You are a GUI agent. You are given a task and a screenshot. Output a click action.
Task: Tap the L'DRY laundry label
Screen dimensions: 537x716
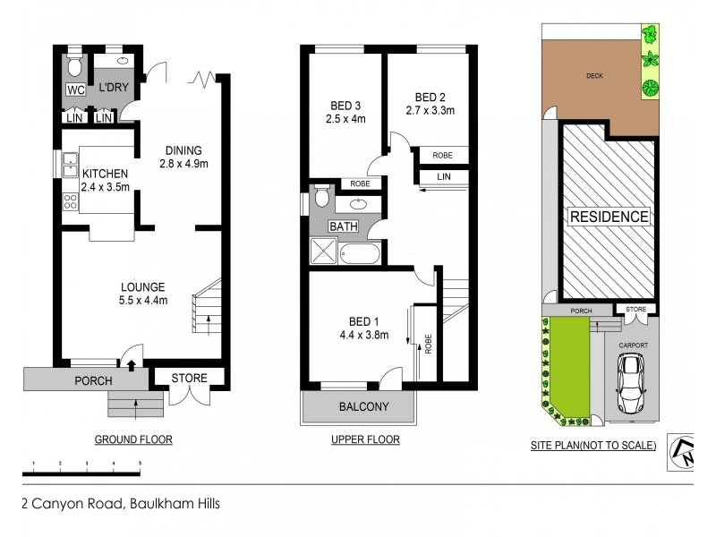click(x=114, y=87)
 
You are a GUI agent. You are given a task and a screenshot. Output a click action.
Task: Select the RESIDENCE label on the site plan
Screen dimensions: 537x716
click(x=609, y=217)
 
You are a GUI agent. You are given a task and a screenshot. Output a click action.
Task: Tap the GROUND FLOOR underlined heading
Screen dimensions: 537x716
click(x=133, y=439)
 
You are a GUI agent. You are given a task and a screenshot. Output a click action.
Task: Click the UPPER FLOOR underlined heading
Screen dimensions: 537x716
click(x=365, y=439)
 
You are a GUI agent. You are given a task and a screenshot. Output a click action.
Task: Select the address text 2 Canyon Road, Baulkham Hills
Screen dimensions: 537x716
click(x=120, y=503)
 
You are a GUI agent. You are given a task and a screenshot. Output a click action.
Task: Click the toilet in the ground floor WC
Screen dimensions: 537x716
click(x=76, y=66)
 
